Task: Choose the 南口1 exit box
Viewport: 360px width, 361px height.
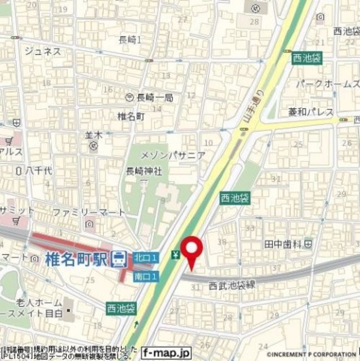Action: coord(146,276)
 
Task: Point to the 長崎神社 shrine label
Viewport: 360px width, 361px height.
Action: coord(144,170)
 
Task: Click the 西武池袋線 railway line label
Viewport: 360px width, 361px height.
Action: coord(232,285)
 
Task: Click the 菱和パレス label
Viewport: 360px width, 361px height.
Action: coord(311,111)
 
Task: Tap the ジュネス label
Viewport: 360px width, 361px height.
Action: coord(42,51)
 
